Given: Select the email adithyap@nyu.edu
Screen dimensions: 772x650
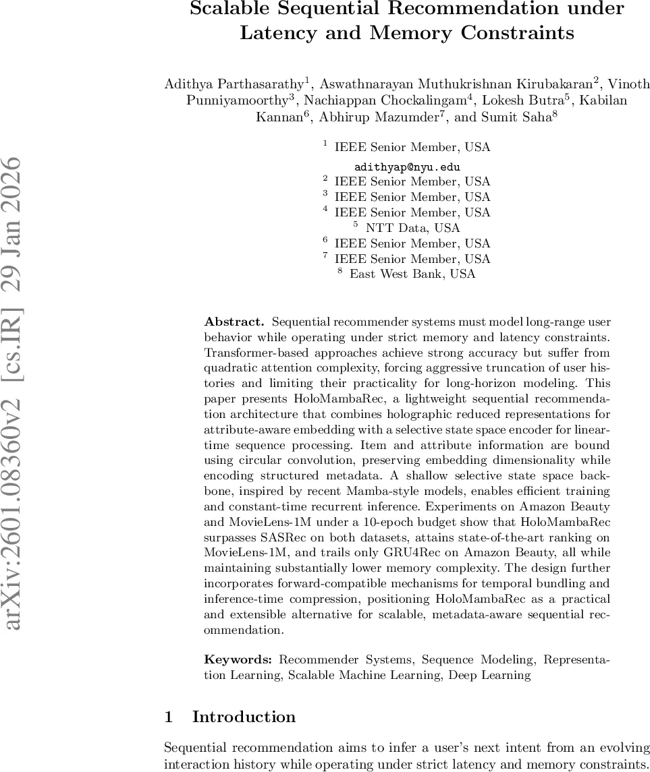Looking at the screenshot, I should point(407,167).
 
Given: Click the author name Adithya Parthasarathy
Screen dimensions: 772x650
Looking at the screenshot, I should point(234,84).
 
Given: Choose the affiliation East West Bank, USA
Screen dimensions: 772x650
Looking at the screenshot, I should point(412,274).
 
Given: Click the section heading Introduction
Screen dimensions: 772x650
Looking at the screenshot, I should point(244,717).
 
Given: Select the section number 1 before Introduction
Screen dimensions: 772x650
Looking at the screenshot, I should point(169,717).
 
